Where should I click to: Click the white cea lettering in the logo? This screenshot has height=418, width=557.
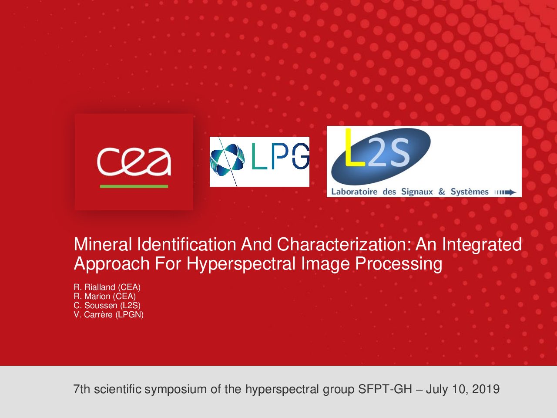(x=134, y=162)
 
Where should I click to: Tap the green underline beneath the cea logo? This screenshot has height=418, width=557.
(x=134, y=186)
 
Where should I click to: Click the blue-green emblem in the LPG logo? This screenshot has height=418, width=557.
(x=227, y=160)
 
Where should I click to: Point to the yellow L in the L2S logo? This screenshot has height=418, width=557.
(x=355, y=148)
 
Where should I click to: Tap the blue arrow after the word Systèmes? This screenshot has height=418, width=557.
(x=505, y=192)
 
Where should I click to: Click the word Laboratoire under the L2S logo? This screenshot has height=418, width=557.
(x=354, y=192)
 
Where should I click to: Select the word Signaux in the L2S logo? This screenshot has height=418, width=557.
(x=417, y=192)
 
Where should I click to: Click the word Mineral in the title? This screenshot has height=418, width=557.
(x=103, y=244)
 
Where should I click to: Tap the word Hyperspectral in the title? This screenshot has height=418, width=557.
(x=241, y=264)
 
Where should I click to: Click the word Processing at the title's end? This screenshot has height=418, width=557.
(x=399, y=264)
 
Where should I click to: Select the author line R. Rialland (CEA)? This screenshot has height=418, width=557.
(x=107, y=287)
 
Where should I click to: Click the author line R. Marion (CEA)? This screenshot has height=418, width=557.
(x=105, y=297)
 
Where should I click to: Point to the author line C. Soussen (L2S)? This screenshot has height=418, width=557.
(x=107, y=306)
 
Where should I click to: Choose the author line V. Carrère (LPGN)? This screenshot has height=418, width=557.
(x=109, y=315)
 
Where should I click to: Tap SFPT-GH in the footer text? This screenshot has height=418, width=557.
(x=385, y=389)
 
